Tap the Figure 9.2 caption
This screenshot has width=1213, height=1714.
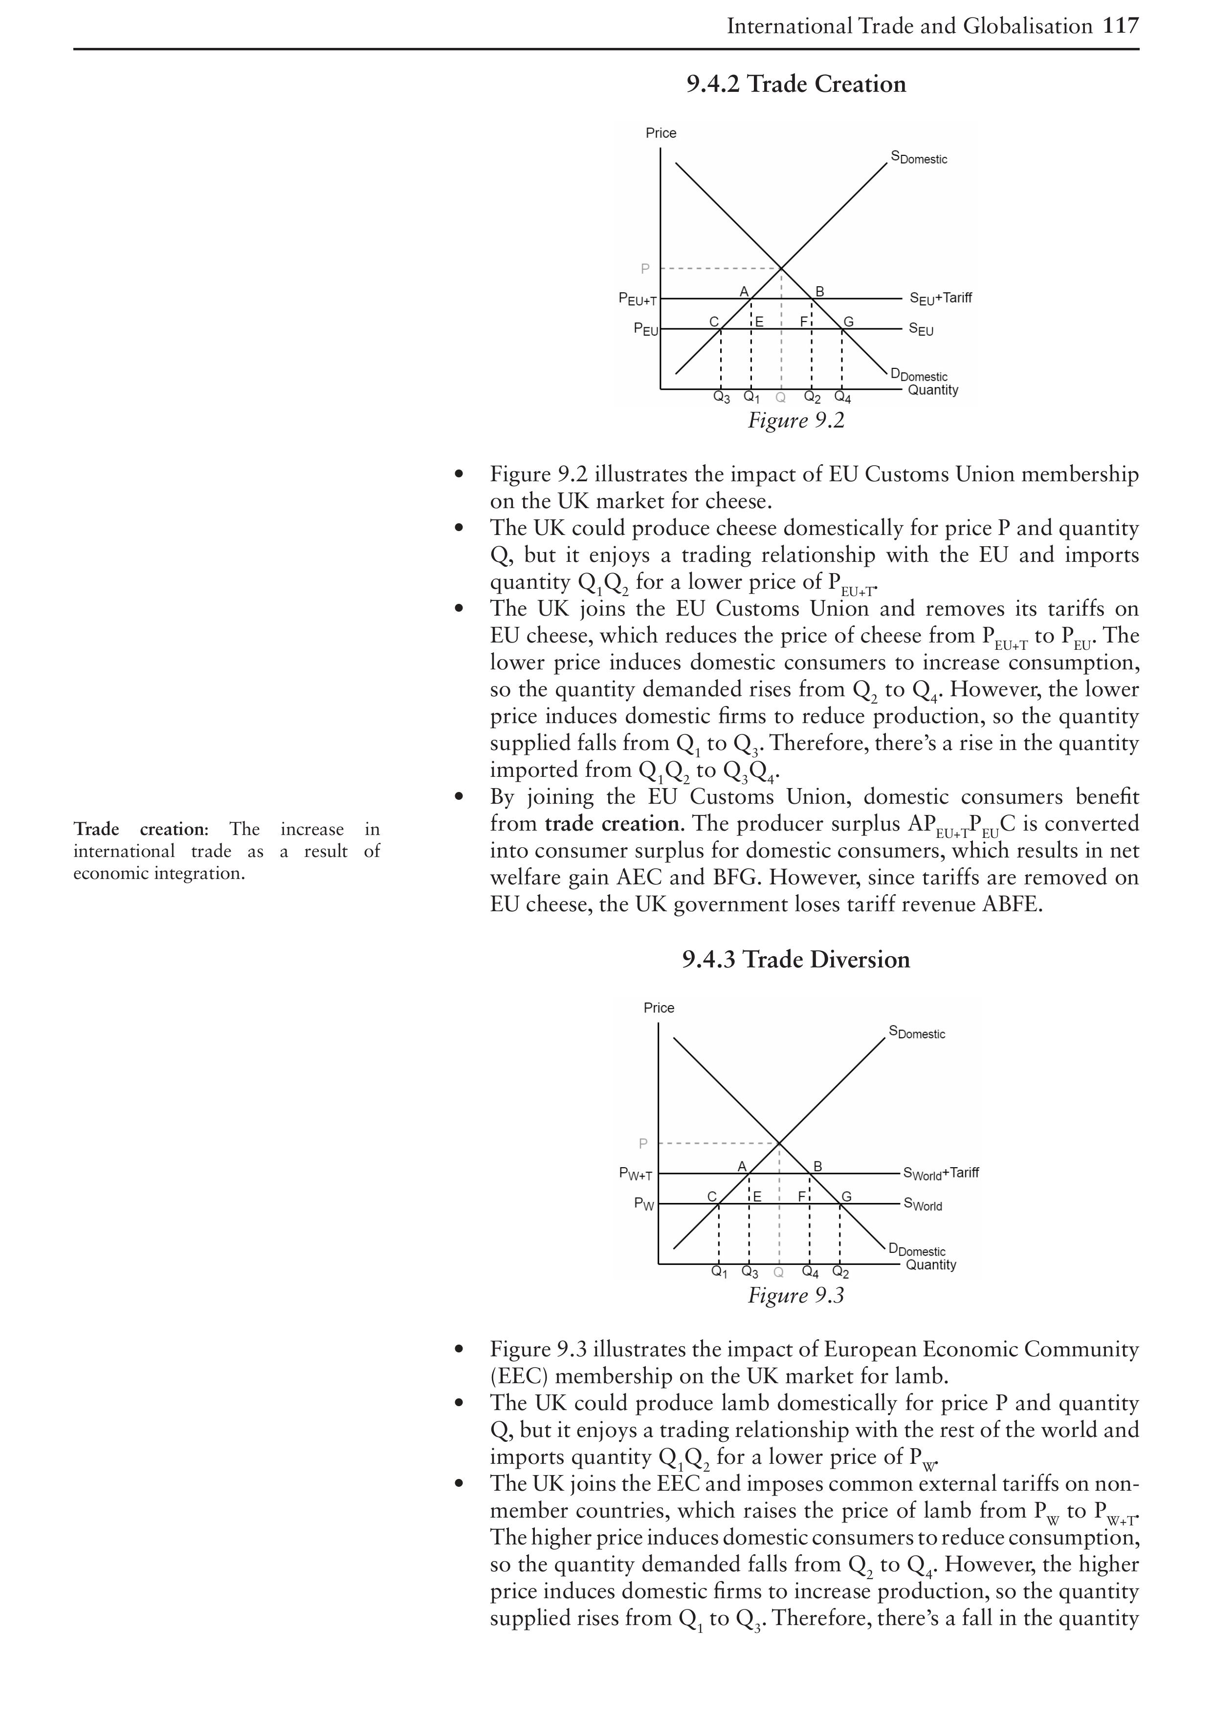coord(796,420)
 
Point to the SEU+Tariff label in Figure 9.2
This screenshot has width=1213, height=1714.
coord(940,299)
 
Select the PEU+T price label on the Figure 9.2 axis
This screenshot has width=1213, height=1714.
coord(637,300)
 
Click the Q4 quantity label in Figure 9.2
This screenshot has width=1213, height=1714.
coord(842,398)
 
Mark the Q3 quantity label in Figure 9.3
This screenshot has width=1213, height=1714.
coord(749,1272)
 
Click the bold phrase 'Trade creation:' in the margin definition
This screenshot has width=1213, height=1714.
coord(140,829)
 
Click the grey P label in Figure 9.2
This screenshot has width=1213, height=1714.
coord(645,269)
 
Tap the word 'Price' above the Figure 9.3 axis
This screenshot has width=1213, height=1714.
coord(659,1008)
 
